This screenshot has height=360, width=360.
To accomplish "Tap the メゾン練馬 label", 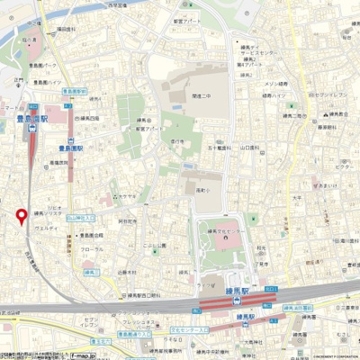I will coord(275,84).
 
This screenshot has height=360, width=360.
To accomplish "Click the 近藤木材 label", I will coord(126,270).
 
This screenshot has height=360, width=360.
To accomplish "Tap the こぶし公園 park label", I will coord(155,245).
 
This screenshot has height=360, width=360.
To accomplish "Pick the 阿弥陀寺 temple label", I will coord(129,219).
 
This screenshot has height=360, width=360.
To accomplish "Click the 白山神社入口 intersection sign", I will coord(81,217).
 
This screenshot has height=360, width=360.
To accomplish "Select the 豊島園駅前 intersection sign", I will coord(74,91).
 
